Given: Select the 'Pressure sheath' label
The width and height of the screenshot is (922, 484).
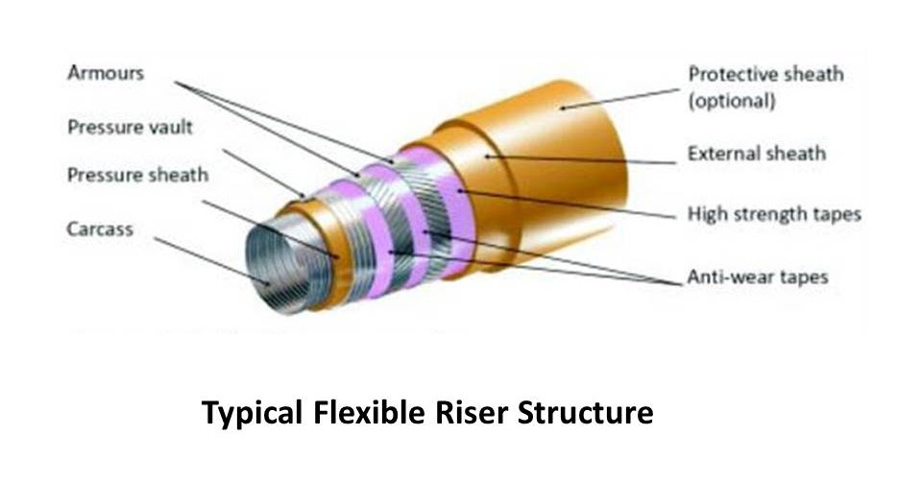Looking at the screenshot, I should coord(137,176).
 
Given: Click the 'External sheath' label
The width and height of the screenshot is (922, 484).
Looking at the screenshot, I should coord(757,154).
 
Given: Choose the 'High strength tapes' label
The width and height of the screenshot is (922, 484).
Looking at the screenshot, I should coord(774,214).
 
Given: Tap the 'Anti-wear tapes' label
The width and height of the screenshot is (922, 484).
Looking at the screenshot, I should coord(757,278).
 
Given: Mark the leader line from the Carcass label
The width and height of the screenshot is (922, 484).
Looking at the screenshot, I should coord(211,258).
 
